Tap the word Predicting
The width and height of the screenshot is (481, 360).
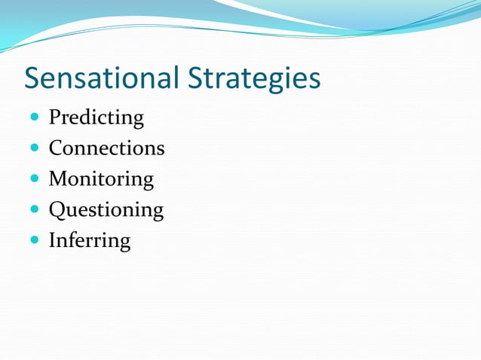point(96,117)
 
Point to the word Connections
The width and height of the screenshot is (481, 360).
point(106,148)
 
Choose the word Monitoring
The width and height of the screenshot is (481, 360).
point(101,179)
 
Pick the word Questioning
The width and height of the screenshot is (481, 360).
point(106,209)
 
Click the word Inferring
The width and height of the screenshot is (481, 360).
point(89,241)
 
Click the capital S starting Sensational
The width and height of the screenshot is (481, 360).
point(33,78)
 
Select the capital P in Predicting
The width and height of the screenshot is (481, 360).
point(54,117)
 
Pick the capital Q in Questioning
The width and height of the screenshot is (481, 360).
point(57,209)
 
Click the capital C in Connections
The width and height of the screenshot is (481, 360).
point(56,148)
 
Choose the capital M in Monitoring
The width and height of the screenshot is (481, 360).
point(58,179)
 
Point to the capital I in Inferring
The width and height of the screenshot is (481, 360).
point(53,241)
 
